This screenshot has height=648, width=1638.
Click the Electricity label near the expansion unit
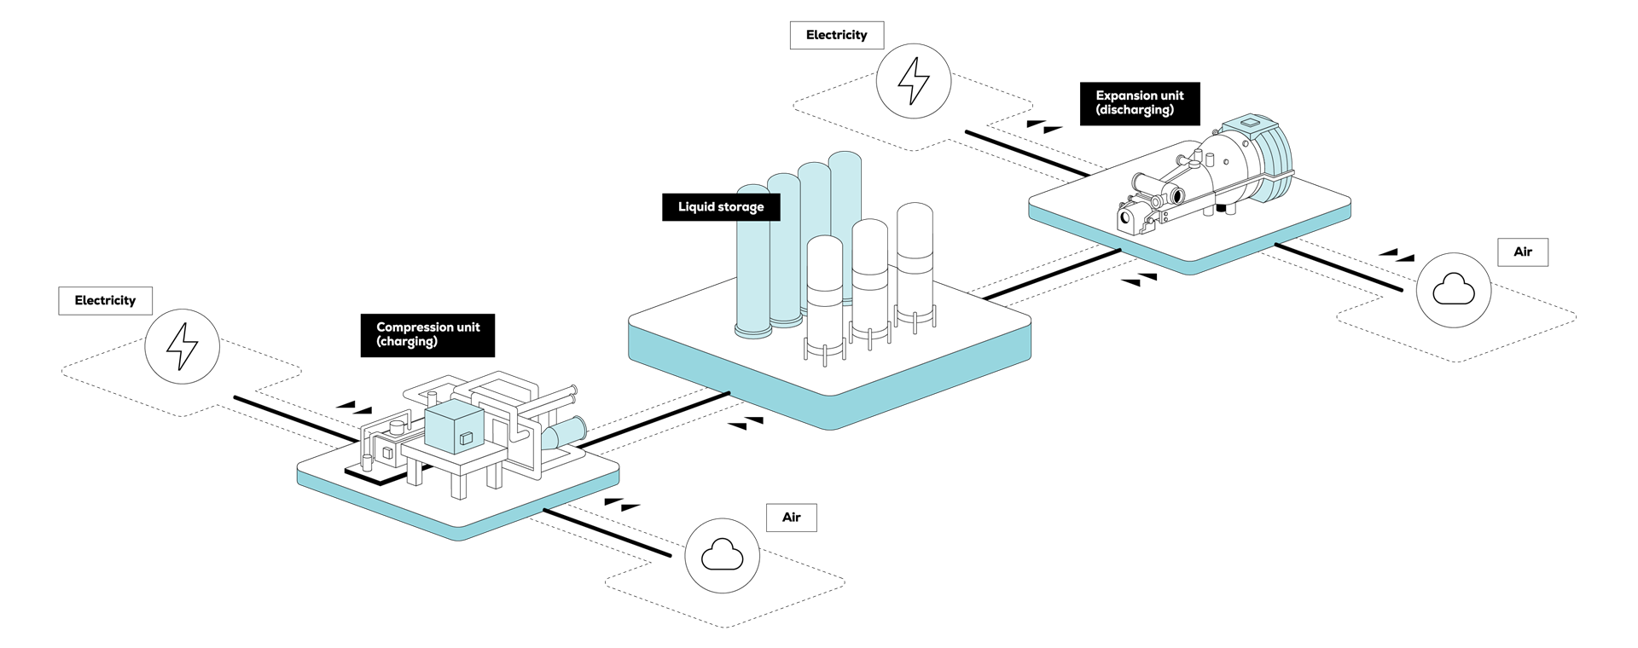[836, 35]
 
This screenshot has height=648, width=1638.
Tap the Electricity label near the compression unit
[105, 300]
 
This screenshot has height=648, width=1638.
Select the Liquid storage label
[721, 207]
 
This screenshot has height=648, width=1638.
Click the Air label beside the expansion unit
[1523, 252]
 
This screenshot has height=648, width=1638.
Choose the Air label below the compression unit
[792, 518]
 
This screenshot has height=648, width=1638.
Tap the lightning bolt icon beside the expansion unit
[914, 81]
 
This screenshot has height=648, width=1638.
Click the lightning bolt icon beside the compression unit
[182, 346]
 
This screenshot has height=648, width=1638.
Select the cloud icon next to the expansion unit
[1454, 290]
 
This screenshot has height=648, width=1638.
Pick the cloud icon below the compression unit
[722, 555]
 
